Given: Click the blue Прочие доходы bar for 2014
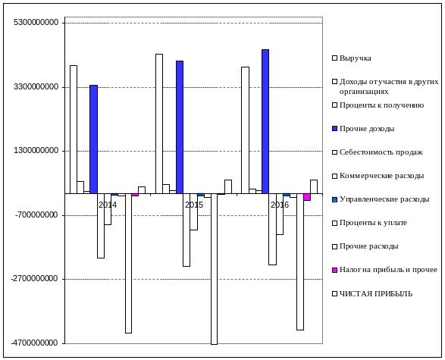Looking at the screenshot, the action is coord(93,139).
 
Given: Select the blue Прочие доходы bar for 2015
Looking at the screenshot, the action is coord(180,127).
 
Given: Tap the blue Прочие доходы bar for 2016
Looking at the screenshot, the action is coord(265,122).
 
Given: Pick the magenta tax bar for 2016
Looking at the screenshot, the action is coord(307,197).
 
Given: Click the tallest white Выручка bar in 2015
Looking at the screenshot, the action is coord(159,124).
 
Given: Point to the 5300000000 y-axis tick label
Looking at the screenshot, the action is coord(36,22).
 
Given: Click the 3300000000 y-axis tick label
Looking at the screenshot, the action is coord(36,86).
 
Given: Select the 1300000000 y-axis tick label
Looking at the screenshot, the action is coord(36,150).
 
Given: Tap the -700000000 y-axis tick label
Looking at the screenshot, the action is coord(36,214).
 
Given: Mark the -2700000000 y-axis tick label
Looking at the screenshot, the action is coord(35,279).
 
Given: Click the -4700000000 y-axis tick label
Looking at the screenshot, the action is coord(35,343).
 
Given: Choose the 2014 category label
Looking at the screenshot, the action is coord(108,205).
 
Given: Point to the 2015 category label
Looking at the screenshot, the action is coord(194,205).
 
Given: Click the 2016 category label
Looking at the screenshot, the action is coord(280,205).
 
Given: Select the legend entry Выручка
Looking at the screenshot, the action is coord(352,58).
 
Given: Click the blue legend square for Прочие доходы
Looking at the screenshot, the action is coord(335,129).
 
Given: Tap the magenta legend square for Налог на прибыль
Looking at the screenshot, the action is coord(335,270).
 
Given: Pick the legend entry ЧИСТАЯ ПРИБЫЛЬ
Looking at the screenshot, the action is coord(372,293).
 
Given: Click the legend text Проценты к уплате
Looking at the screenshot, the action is coord(373,223).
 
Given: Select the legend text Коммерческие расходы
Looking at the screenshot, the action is coord(382,176).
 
